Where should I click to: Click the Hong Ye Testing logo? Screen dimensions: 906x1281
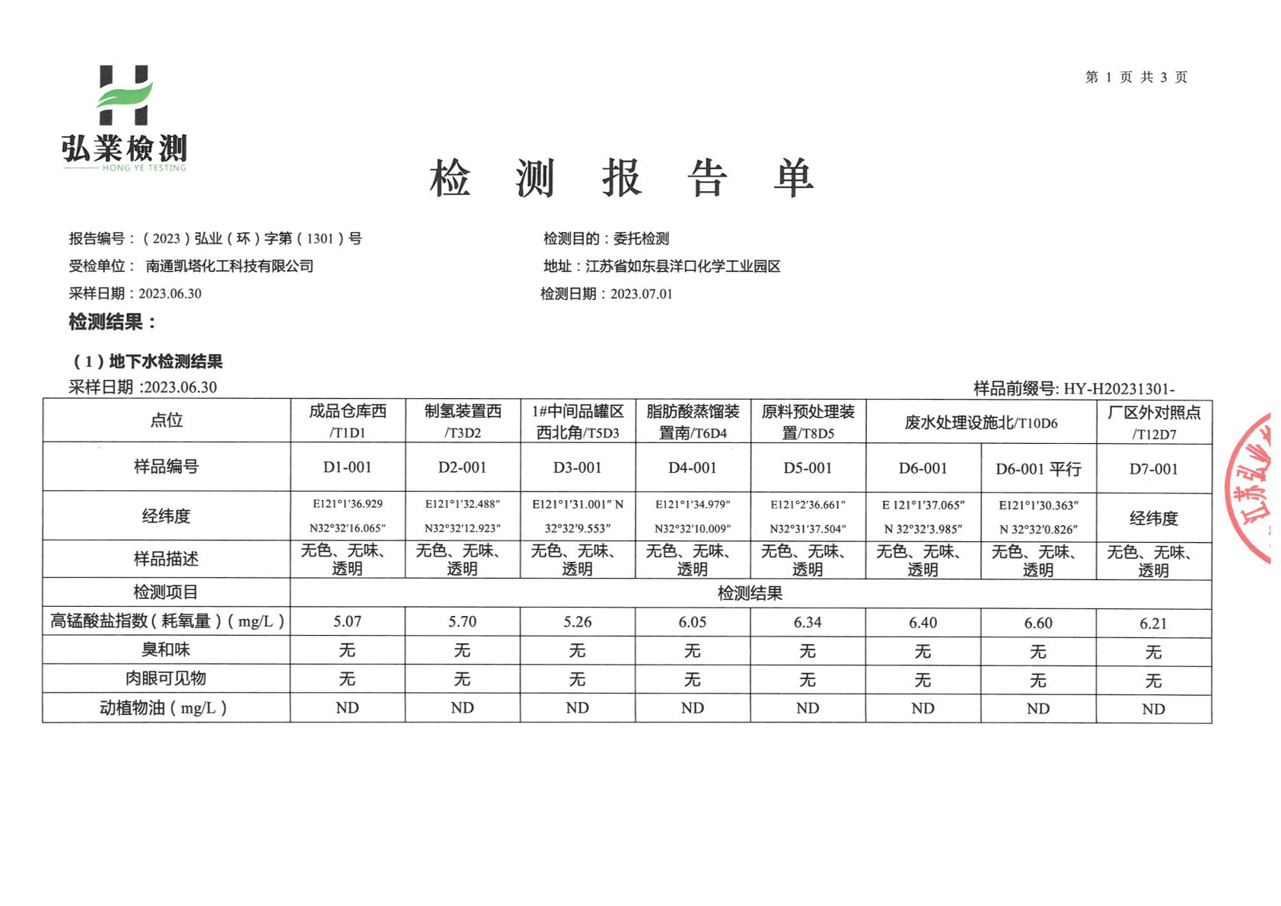coord(124,118)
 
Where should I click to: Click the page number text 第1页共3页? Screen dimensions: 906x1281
coord(1136,77)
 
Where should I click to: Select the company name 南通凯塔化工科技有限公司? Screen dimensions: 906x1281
coord(230,266)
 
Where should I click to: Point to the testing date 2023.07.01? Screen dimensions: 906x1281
coord(641,294)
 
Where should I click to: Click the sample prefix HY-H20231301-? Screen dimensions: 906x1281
coord(1118,388)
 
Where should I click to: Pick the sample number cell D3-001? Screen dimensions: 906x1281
coord(577,467)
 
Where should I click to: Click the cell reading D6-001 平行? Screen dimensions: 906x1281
coord(1038,469)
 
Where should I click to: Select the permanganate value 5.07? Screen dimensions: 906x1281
coord(347,621)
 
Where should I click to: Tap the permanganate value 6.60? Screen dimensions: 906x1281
coord(1038,623)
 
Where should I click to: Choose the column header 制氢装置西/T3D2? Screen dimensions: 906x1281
coord(463,421)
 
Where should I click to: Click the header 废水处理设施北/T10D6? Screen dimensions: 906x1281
coord(980,423)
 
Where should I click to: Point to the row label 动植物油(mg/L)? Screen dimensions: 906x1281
coord(164,708)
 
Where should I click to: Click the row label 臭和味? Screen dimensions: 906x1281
coord(166,649)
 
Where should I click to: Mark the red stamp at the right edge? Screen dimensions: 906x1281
coord(1250,487)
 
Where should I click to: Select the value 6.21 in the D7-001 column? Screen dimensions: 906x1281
coord(1153,624)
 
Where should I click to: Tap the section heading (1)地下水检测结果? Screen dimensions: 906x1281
coord(148,362)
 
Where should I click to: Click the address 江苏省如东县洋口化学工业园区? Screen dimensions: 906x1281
coord(683,266)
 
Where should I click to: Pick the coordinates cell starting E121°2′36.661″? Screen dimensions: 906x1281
coord(808,516)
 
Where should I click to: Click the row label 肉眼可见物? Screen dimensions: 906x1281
coord(166,678)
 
